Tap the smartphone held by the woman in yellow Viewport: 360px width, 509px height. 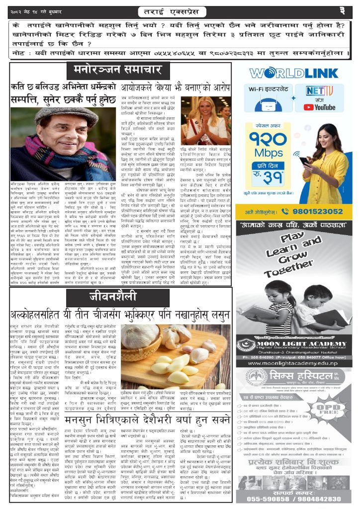pos(304,161)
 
